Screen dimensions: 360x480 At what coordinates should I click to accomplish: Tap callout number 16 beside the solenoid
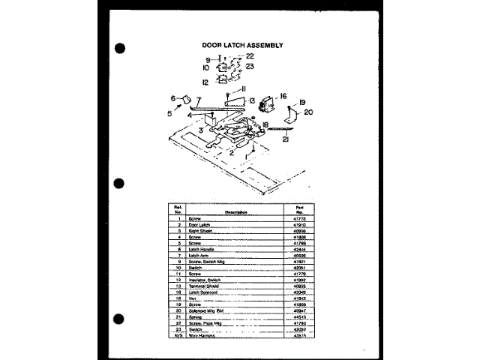coord(283,96)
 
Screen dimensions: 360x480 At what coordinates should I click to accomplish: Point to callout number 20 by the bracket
coord(308,112)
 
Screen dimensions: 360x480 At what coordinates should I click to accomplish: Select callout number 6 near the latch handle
coord(173,98)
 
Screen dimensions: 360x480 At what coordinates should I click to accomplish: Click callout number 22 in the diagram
coord(250,56)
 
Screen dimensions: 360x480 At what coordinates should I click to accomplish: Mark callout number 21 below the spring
coord(286,139)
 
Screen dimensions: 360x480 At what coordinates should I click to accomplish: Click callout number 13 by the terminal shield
coord(252,100)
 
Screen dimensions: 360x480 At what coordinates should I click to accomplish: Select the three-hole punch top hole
coord(119,49)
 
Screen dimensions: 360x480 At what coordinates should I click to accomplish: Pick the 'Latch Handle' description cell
coord(202,249)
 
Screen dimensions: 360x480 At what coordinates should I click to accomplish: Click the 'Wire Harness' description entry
coord(202,335)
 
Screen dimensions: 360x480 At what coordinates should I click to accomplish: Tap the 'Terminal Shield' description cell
coord(204,286)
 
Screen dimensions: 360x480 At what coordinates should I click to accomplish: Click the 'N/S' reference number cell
coord(180,335)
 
